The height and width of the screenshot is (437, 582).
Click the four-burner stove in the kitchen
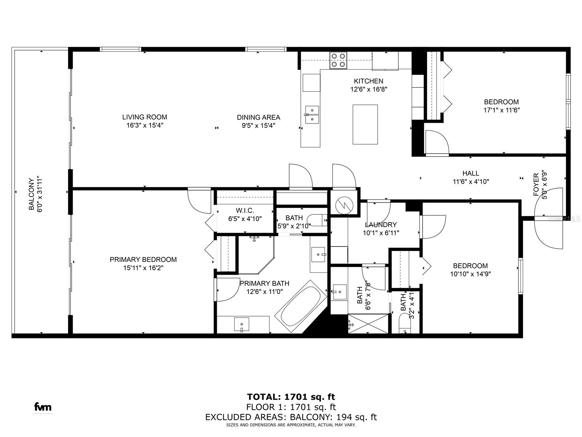[338, 60]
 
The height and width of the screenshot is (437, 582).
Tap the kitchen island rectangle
[365, 124]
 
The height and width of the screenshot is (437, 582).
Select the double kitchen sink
[312, 114]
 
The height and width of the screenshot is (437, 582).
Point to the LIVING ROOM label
[144, 117]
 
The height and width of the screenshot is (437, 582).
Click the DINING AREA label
[258, 117]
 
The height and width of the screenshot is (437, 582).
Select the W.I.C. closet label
[245, 210]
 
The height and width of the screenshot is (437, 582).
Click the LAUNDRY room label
[381, 225]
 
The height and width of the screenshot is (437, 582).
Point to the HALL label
[470, 173]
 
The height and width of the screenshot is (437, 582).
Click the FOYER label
[536, 185]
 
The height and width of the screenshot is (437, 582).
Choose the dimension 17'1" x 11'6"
[501, 110]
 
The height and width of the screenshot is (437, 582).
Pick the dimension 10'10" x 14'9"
[470, 274]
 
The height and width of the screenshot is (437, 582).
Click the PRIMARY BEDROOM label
[143, 259]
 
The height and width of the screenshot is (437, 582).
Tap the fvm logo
[43, 407]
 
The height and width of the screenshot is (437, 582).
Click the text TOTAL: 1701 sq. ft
[291, 397]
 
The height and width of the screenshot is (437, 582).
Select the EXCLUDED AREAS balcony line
[291, 417]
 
